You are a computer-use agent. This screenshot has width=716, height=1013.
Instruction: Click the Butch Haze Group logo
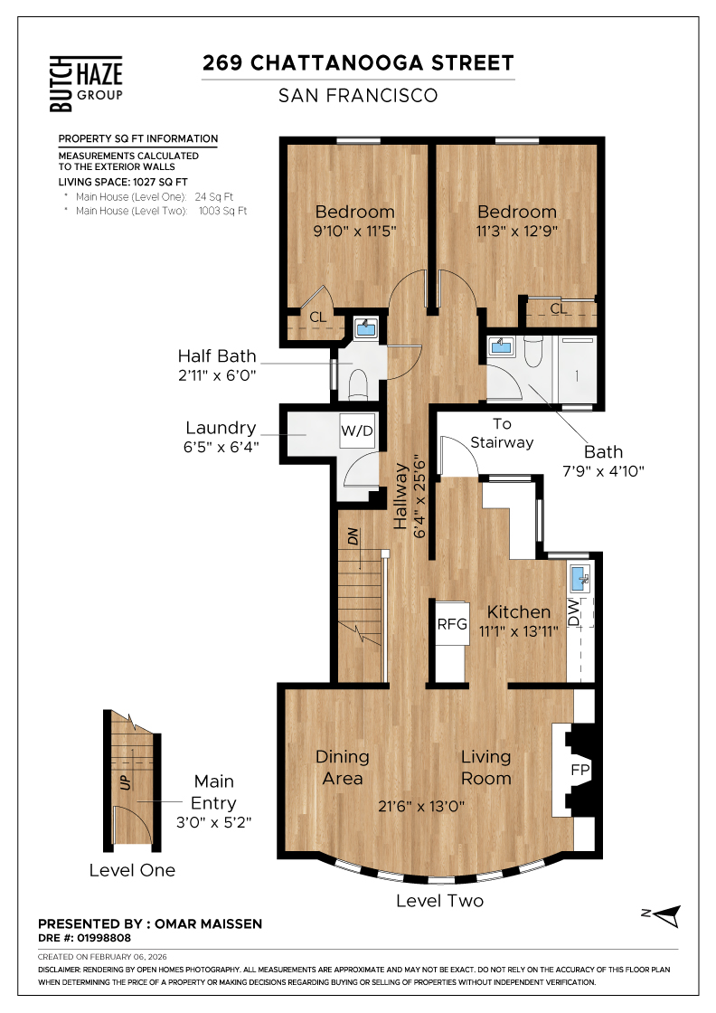86,83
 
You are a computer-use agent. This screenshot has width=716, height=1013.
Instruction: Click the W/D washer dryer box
357,431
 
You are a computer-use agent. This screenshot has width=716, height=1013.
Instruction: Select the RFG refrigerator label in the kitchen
452,624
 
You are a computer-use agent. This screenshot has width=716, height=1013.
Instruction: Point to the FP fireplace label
580,770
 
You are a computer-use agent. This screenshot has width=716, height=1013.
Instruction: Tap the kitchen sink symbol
579,579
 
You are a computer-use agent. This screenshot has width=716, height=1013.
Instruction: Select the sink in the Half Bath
366,328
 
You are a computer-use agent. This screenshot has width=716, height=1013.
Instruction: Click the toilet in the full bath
532,351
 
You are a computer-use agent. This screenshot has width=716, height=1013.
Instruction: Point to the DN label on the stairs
353,536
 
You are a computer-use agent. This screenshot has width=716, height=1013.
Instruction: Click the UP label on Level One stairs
126,781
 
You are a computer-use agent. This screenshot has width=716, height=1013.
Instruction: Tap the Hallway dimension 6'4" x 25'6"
419,497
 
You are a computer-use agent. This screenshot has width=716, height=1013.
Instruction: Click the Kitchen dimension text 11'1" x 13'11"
518,631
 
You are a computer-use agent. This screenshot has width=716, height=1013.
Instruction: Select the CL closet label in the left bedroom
317,317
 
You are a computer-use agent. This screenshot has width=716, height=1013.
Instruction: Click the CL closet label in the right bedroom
559,308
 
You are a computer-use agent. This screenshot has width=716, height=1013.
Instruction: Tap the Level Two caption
439,901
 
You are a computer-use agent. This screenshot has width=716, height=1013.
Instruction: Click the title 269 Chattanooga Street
358,62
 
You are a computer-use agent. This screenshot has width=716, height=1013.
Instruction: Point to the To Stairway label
502,433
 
